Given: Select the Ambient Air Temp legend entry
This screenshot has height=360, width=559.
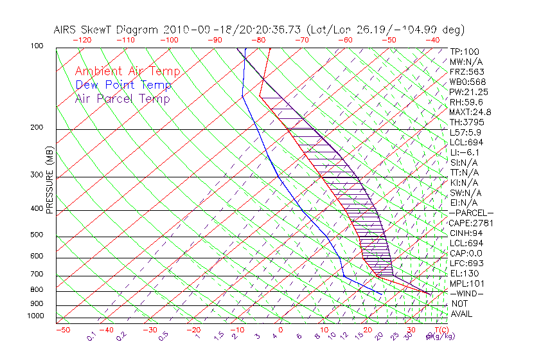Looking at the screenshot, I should (x=127, y=71).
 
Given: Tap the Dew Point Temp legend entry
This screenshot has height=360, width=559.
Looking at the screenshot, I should (x=123, y=85).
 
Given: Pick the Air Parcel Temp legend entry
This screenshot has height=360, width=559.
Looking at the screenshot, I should (x=122, y=98).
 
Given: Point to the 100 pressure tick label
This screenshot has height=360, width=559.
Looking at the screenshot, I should (x=37, y=46).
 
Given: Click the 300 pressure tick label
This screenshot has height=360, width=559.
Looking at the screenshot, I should (x=37, y=175).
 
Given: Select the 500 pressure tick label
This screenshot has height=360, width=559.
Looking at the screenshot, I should (x=37, y=235).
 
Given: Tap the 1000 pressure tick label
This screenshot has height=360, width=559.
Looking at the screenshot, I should (x=35, y=316).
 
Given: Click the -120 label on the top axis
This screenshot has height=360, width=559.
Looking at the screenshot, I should (x=82, y=40).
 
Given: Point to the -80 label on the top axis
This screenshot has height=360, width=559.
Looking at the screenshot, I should (x=258, y=40).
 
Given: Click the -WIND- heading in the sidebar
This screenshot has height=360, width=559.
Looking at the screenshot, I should (x=468, y=293).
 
